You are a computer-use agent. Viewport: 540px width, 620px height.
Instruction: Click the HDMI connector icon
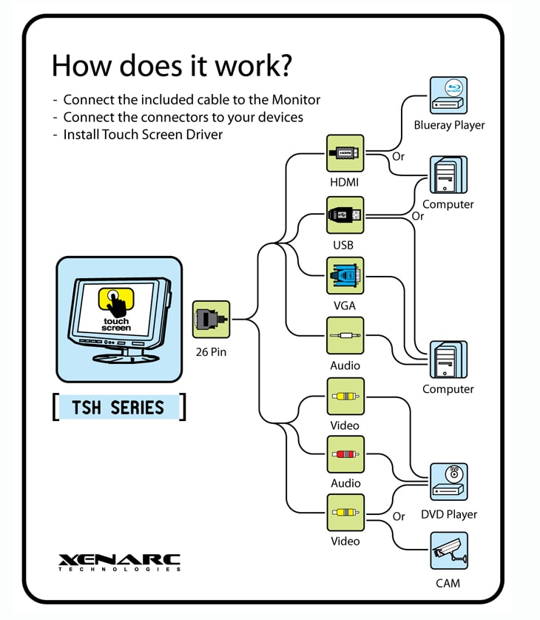pyautogui.click(x=345, y=153)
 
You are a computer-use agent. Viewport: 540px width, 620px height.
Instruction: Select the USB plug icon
pyautogui.click(x=345, y=215)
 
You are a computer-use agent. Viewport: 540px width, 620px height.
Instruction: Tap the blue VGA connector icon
pyautogui.click(x=345, y=276)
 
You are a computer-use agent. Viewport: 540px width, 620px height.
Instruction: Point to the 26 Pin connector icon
pyautogui.click(x=209, y=320)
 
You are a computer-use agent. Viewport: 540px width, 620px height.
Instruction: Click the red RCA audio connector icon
pyautogui.click(x=345, y=454)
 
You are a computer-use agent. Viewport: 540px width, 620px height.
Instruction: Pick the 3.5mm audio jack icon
pyautogui.click(x=345, y=336)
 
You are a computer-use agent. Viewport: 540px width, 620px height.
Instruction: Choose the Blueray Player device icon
pyautogui.click(x=449, y=95)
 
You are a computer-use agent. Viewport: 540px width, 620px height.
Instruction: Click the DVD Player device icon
pyautogui.click(x=449, y=482)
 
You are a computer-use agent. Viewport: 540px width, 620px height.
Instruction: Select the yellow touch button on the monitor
pyautogui.click(x=116, y=299)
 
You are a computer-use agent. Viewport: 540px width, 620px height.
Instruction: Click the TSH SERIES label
pyautogui.click(x=118, y=407)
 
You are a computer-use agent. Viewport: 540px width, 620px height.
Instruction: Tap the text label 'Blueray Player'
pyautogui.click(x=449, y=125)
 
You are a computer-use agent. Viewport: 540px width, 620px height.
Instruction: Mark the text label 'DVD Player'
pyautogui.click(x=449, y=514)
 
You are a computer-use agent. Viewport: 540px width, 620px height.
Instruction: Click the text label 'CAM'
pyautogui.click(x=448, y=583)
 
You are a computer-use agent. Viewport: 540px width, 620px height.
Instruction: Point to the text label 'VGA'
pyautogui.click(x=345, y=306)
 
